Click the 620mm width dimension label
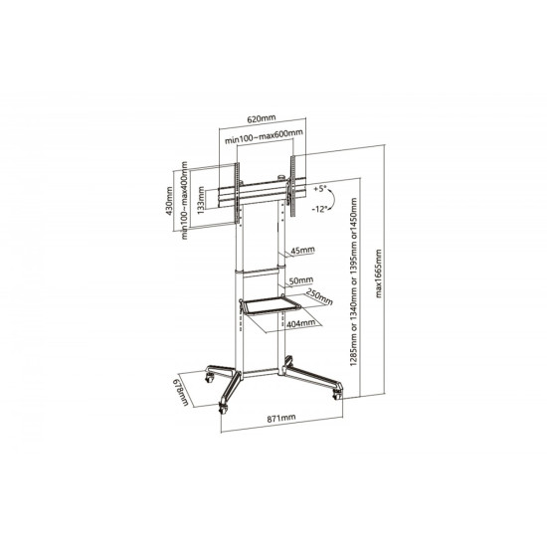(262, 118)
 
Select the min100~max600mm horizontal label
(264, 136)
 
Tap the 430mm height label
(169, 201)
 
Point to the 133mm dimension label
(201, 201)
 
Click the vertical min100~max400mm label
(185, 200)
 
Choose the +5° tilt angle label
(319, 189)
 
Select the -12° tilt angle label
(319, 209)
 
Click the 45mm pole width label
(302, 250)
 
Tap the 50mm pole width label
(301, 280)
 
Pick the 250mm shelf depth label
(319, 297)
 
